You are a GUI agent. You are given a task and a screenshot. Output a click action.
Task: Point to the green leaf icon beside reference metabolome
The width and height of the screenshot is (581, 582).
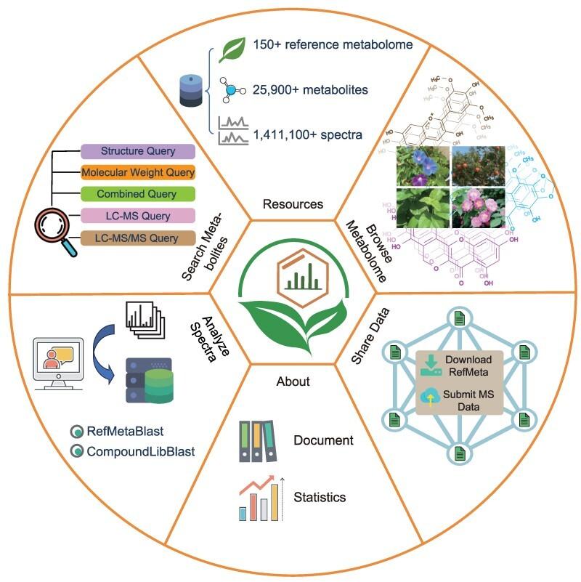[233, 49]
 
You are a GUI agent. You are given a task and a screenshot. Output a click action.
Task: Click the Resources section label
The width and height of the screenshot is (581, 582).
[292, 204]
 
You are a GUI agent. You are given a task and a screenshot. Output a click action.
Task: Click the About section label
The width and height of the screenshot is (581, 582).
[293, 381]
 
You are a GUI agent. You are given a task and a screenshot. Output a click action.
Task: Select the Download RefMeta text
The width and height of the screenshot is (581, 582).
[468, 365]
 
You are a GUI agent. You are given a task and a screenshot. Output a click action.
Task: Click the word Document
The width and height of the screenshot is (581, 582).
[323, 440]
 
